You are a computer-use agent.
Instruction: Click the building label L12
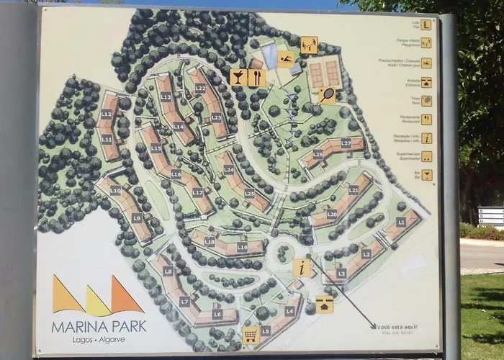pyautogui.click(x=107, y=114)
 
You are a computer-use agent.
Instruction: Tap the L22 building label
pyautogui.click(x=200, y=88)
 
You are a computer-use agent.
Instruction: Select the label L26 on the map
pyautogui.click(x=318, y=153)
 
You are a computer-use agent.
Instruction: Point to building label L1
pyautogui.click(x=401, y=222)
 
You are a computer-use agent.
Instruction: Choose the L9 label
pyautogui.click(x=137, y=217)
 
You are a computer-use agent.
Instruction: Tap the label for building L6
pyautogui.click(x=217, y=314)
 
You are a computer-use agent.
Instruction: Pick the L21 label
pyautogui.click(x=354, y=189)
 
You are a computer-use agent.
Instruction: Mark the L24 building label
pyautogui.click(x=229, y=170)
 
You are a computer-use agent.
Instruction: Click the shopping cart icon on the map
pyautogui.click(x=250, y=334)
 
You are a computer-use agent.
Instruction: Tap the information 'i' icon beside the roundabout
pyautogui.click(x=302, y=267)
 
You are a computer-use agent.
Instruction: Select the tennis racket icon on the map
pyautogui.click(x=328, y=94)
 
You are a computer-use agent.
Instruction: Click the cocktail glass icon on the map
pyautogui.click(x=238, y=77)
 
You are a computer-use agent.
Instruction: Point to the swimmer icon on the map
pyautogui.click(x=287, y=60)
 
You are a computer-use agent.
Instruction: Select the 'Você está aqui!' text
pyautogui.click(x=396, y=326)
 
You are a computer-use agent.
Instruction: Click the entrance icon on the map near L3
pyautogui.click(x=325, y=304)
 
